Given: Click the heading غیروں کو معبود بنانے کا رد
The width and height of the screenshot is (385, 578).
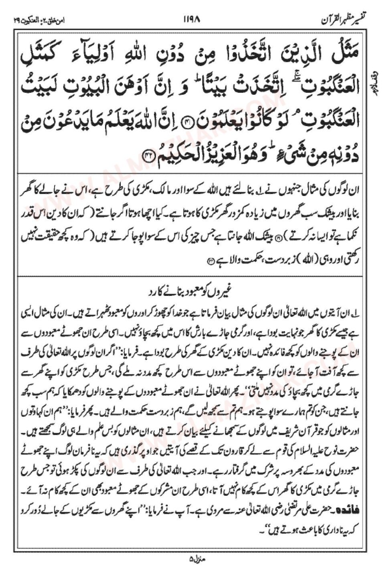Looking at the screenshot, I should pyautogui.click(x=193, y=292).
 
